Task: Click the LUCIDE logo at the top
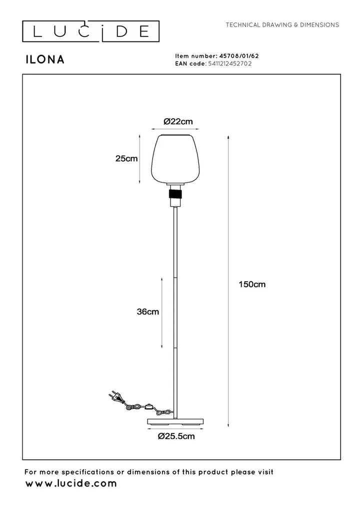tap(91, 32)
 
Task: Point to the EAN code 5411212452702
tap(230, 64)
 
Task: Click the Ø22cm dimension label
tap(178, 121)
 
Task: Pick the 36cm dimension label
tap(147, 311)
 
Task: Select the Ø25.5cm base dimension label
tap(176, 436)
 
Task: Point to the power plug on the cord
tap(114, 397)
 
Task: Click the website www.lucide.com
tap(71, 483)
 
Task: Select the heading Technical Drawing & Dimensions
tap(282, 25)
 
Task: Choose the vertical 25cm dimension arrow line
tap(139, 159)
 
